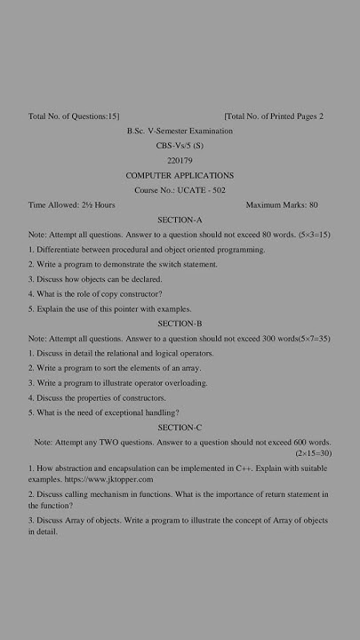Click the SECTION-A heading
180,220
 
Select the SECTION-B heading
180,324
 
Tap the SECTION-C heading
180,428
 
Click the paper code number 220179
180,160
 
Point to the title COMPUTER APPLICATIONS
180,175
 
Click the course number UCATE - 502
180,190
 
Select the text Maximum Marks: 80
281,205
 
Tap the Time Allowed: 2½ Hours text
72,205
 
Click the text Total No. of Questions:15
74,116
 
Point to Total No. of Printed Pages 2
274,116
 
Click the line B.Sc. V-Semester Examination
180,131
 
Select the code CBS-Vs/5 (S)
180,145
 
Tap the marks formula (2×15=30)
313,453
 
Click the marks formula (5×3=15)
314,235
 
